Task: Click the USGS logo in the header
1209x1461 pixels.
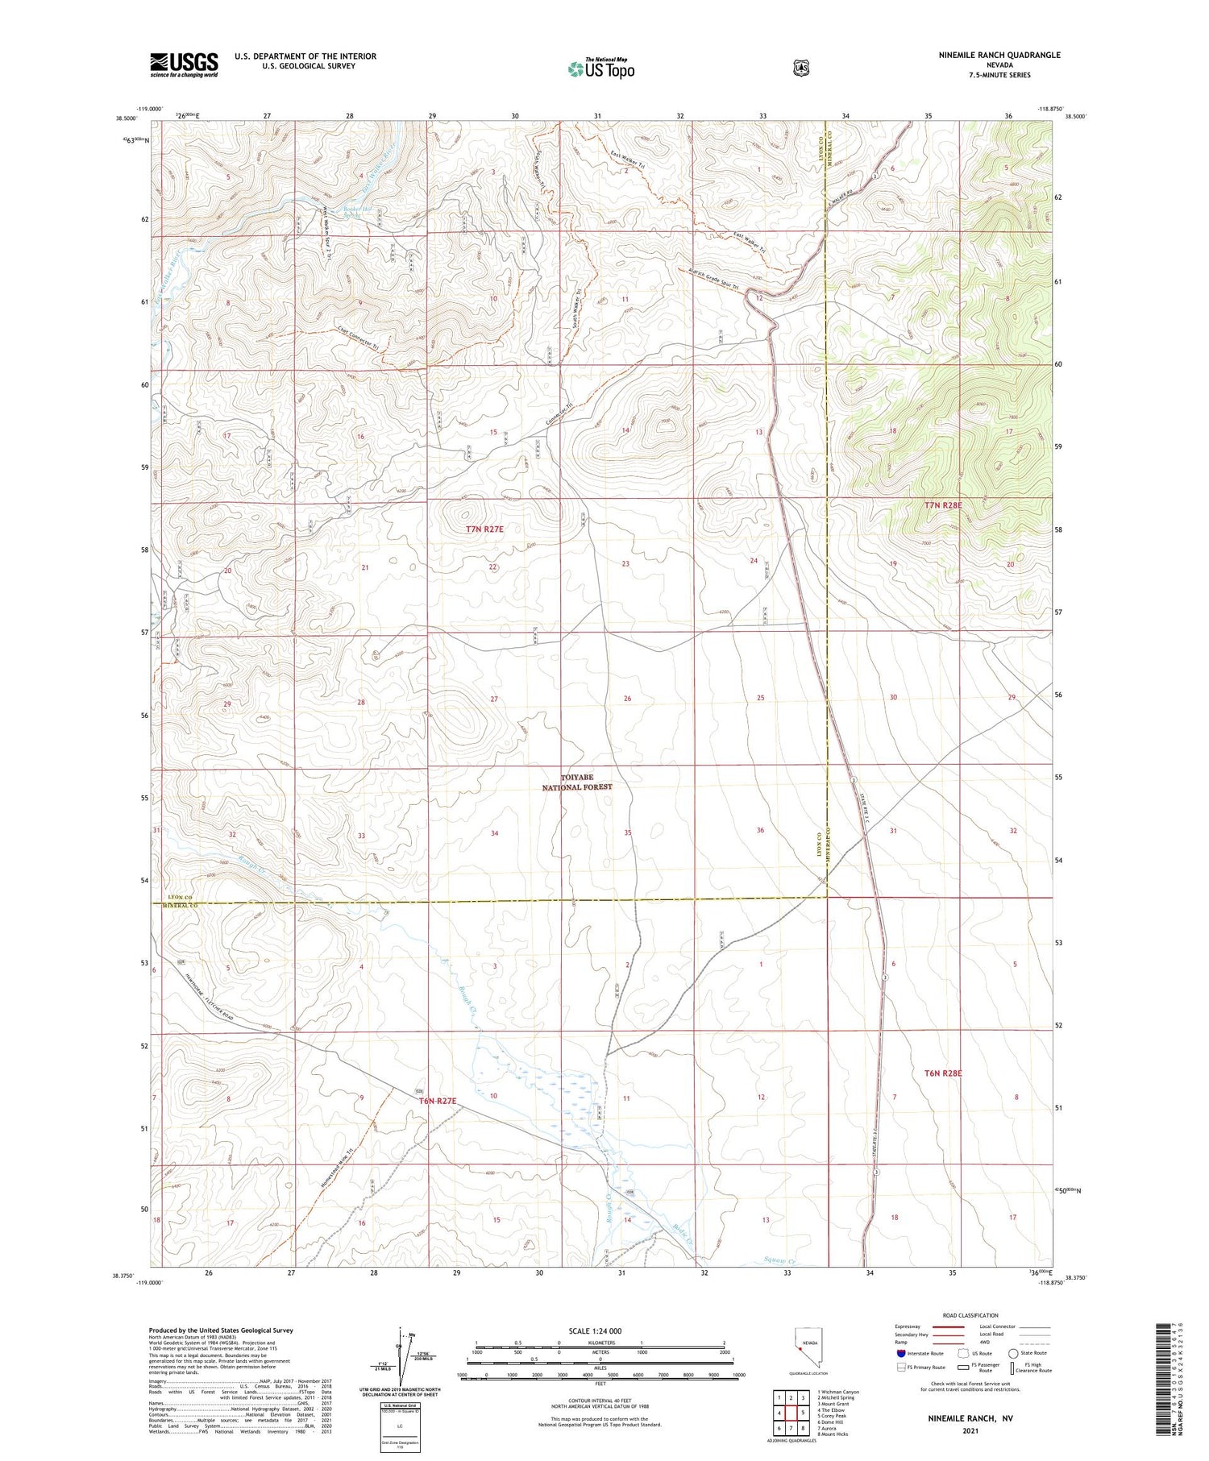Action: (184, 64)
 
